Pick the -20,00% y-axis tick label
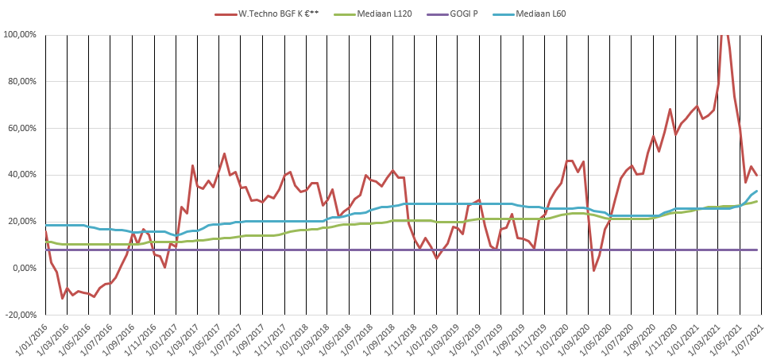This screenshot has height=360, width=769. [23, 315]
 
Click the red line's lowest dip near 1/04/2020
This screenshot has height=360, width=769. [593, 271]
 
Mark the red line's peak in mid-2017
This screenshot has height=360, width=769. [224, 154]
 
